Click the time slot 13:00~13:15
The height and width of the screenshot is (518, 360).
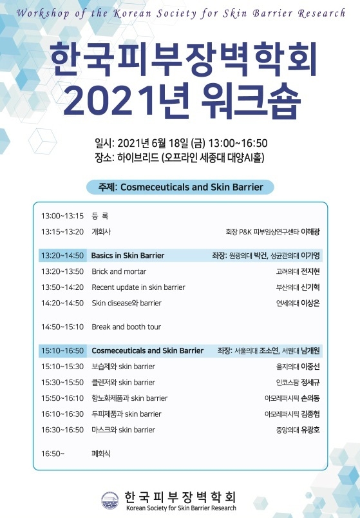pyautogui.click(x=62, y=216)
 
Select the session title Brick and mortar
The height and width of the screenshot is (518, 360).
pyautogui.click(x=119, y=271)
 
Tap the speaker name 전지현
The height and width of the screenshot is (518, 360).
pyautogui.click(x=310, y=271)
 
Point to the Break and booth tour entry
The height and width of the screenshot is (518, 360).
pyautogui.click(x=126, y=327)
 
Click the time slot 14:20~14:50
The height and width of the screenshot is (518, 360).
pyautogui.click(x=62, y=303)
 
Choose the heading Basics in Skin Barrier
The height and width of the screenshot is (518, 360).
pyautogui.click(x=128, y=256)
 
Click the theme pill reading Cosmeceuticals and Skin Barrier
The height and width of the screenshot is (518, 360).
pyautogui.click(x=180, y=187)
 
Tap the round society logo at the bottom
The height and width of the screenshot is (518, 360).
pyautogui.click(x=110, y=501)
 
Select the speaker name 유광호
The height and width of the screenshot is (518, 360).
pyautogui.click(x=310, y=430)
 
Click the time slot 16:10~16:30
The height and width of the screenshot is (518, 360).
pyautogui.click(x=62, y=414)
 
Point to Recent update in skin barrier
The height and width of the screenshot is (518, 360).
pyautogui.click(x=138, y=287)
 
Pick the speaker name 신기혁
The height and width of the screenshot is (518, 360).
pyautogui.click(x=310, y=287)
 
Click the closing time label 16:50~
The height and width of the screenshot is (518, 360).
pyautogui.click(x=53, y=454)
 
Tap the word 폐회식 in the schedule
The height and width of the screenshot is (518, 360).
pyautogui.click(x=101, y=454)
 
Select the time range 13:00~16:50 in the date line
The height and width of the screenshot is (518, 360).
pyautogui.click(x=238, y=144)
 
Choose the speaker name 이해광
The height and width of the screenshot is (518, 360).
pyautogui.click(x=310, y=232)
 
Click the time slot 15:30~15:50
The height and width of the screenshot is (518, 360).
pyautogui.click(x=62, y=383)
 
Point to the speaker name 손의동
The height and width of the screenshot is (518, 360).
pyautogui.click(x=310, y=398)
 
